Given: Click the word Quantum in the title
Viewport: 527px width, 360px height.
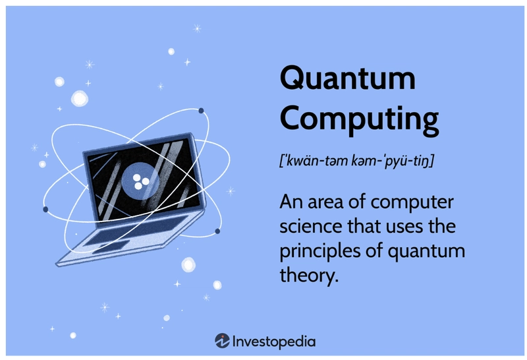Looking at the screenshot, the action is coord(348,78).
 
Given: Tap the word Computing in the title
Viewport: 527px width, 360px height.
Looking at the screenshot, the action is coord(359,119).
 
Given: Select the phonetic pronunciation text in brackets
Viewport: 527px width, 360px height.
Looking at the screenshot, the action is coord(356,160).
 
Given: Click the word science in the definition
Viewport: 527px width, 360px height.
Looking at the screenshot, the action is coord(311,225).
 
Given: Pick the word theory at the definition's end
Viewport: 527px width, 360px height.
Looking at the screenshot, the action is coord(309,275).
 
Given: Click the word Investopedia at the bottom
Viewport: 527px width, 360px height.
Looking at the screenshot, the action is coord(274,342).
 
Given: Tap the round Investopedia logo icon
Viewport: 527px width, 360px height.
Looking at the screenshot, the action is coord(222,341).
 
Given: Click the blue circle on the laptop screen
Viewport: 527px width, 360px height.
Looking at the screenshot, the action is coord(140,182).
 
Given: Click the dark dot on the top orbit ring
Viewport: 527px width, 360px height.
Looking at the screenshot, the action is coord(201,111).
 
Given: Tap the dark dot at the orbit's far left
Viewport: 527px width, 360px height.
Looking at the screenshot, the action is coord(45,209).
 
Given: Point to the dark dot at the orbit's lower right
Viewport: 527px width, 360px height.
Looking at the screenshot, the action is coord(217,231).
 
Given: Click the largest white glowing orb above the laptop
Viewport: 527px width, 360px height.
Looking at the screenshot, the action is coord(80,99).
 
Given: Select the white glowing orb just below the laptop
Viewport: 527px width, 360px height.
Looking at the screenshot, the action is coord(188,264).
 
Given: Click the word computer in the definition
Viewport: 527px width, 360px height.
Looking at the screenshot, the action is coord(412,202).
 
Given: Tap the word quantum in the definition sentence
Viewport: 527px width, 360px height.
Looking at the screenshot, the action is coord(426,252).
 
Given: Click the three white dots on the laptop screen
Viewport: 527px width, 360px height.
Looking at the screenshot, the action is coord(141,182).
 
